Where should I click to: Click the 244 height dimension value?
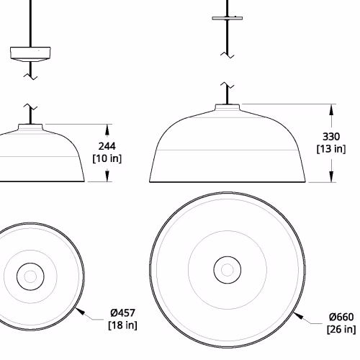click(107, 146)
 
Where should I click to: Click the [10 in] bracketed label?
click(107, 158)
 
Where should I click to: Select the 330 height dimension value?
click(331, 137)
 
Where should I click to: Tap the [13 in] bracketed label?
click(331, 149)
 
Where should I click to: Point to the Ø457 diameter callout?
click(123, 312)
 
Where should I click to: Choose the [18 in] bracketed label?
click(123, 325)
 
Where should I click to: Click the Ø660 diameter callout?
click(341, 317)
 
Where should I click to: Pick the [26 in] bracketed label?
click(341, 329)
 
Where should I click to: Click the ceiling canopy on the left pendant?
click(30, 54)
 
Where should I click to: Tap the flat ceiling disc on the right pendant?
click(228, 18)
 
